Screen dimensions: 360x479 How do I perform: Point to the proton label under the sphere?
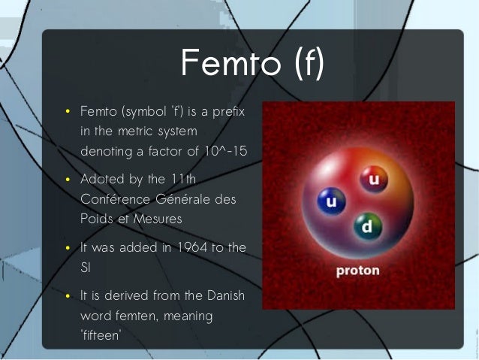pyautogui.click(x=357, y=270)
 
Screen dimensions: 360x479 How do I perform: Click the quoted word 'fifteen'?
pyautogui.click(x=100, y=335)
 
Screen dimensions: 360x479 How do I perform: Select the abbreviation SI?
pyautogui.click(x=85, y=268)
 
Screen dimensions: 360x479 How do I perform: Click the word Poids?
pyautogui.click(x=96, y=219)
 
